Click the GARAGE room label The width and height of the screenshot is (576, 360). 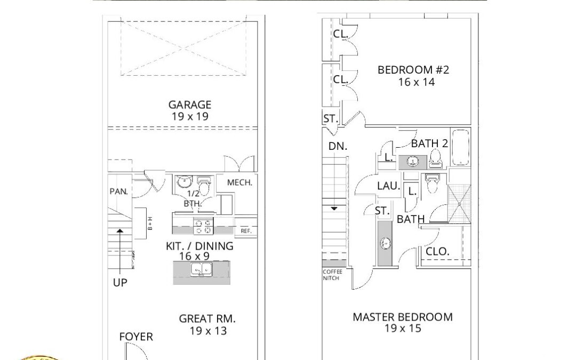tap(189, 105)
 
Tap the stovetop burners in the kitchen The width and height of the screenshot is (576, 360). tap(204, 226)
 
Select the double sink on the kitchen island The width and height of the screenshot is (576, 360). tap(202, 270)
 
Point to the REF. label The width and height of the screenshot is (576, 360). tap(246, 231)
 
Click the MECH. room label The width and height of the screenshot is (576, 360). tap(240, 182)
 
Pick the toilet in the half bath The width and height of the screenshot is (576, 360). tap(204, 186)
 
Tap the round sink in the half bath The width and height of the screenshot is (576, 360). tap(183, 181)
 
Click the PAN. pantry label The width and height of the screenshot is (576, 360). tap(118, 191)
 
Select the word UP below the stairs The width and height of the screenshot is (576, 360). tap(120, 283)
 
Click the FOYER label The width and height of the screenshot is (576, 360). tap(136, 337)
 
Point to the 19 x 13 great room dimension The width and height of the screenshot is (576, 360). tap(209, 331)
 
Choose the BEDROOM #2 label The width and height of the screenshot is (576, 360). tap(413, 70)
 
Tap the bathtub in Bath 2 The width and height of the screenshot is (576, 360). tap(461, 147)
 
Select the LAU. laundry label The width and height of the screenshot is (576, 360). tap(389, 186)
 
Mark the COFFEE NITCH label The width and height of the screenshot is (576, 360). tap(332, 275)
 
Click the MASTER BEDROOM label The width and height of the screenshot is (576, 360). tap(403, 317)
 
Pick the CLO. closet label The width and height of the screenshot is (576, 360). tap(437, 252)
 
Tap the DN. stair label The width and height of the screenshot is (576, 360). tap(338, 146)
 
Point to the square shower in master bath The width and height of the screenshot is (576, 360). tap(460, 204)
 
